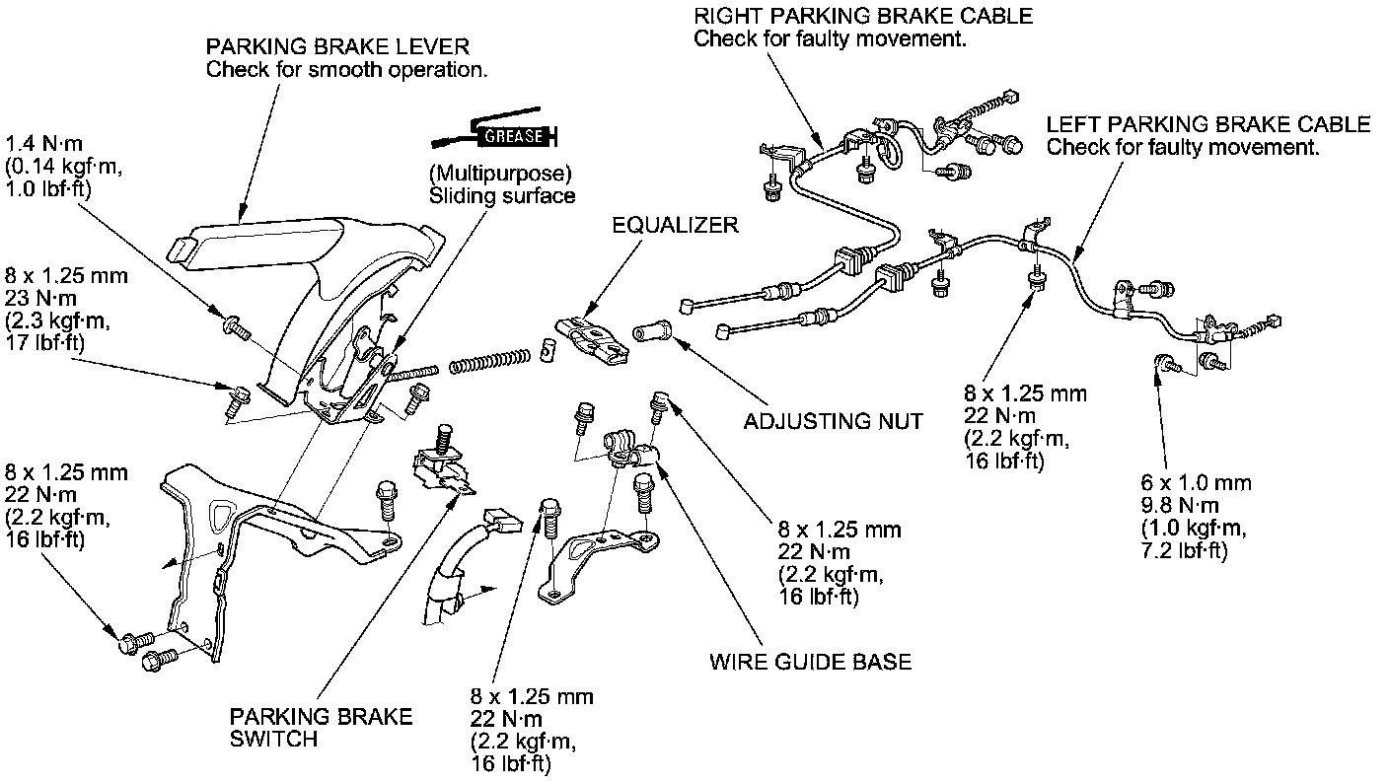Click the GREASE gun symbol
(495, 131)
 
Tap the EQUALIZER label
(676, 225)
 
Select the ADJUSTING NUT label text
(833, 421)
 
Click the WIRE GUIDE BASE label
(811, 662)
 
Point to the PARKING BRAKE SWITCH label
(321, 728)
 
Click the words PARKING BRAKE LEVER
(337, 46)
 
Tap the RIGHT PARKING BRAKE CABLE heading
(863, 16)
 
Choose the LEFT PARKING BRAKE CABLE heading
(1207, 124)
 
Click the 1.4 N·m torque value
(44, 144)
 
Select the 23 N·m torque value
(40, 298)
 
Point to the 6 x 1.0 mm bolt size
(1197, 483)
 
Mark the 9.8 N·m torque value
(1180, 505)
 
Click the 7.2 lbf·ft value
(1185, 550)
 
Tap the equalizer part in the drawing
(592, 340)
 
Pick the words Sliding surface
(502, 196)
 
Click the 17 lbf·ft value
(44, 343)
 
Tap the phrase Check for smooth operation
(346, 69)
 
